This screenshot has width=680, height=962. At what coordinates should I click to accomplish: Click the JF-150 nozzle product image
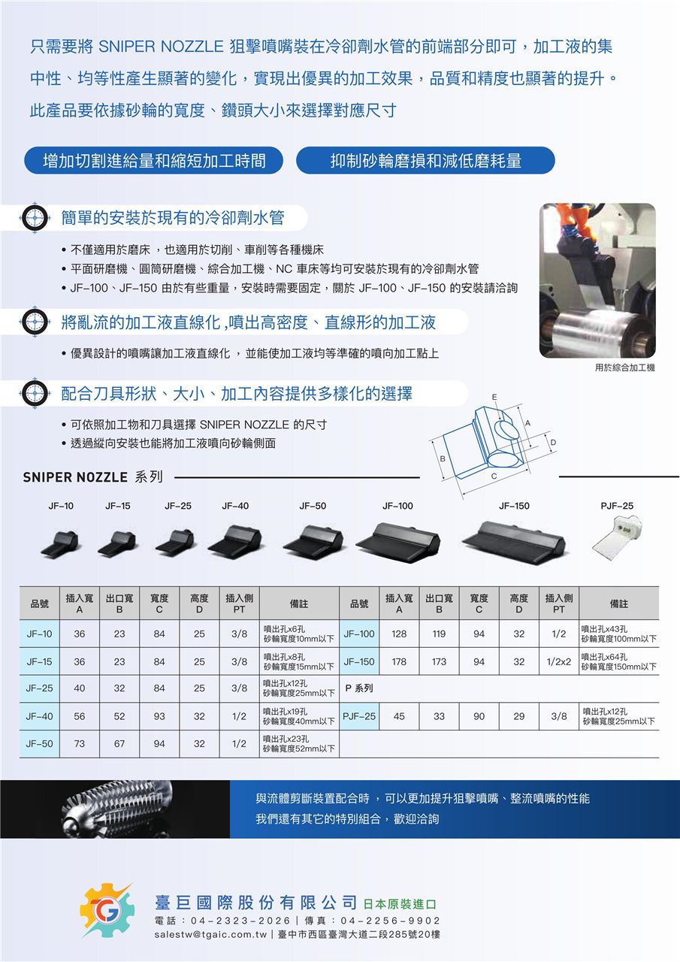[513, 540]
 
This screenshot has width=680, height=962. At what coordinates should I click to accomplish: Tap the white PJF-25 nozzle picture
[617, 537]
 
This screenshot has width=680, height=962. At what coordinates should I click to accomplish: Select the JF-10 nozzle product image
[60, 543]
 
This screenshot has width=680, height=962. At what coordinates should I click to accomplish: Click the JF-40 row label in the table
[39, 716]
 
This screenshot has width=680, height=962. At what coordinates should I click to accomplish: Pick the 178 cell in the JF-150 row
[399, 661]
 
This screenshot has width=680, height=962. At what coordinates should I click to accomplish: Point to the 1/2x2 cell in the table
[558, 661]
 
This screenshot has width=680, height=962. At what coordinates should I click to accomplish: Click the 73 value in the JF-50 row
[79, 743]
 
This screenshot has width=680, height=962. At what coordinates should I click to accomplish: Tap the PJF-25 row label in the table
[359, 716]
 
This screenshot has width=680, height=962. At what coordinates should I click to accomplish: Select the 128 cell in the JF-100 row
[399, 634]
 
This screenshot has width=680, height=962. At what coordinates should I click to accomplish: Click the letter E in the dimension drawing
[494, 397]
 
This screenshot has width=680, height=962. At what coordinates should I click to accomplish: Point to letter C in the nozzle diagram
[494, 476]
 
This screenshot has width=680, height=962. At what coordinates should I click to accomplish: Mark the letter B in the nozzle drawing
[443, 458]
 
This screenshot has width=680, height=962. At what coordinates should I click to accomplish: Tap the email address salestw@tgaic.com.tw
[211, 934]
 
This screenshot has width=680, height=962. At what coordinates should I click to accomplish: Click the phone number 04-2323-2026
[241, 921]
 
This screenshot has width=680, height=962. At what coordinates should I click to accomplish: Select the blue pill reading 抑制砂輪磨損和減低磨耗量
[425, 160]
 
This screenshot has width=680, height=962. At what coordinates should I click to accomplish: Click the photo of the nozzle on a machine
[597, 280]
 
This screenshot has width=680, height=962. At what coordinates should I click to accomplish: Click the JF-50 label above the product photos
[313, 506]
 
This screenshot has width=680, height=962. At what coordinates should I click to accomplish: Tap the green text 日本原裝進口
[400, 904]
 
